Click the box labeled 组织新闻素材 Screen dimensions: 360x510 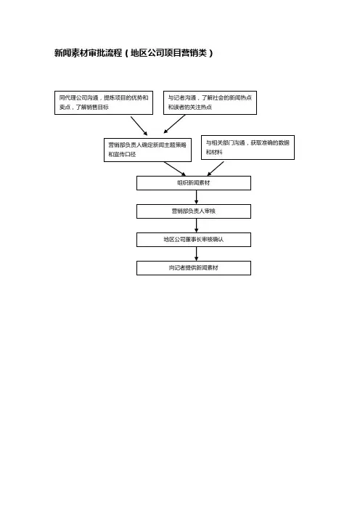(194, 183)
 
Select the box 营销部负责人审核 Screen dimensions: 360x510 (194, 211)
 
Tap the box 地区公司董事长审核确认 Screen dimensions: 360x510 (194, 240)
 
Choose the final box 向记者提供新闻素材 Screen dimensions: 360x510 (194, 268)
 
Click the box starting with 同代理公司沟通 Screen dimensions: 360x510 (104, 102)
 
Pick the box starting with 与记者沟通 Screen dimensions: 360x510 (210, 102)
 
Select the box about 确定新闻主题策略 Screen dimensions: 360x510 (147, 150)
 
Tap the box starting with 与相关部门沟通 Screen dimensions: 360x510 (248, 147)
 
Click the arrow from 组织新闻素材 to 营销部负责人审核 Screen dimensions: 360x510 (196, 197)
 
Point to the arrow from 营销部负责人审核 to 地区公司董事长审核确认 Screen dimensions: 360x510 (196, 225)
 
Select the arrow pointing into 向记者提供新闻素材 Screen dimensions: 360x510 (196, 254)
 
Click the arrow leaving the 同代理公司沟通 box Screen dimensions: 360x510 (139, 126)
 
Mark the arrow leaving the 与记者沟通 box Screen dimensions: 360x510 (174, 124)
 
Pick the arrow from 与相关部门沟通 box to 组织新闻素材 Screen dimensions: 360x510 (216, 169)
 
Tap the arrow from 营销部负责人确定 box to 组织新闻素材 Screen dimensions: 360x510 (175, 169)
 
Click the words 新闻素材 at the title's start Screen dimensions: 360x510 (71, 53)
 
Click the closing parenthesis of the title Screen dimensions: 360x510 (211, 53)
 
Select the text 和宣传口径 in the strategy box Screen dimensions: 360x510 (122, 155)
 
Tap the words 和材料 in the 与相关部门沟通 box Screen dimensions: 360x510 (214, 152)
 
